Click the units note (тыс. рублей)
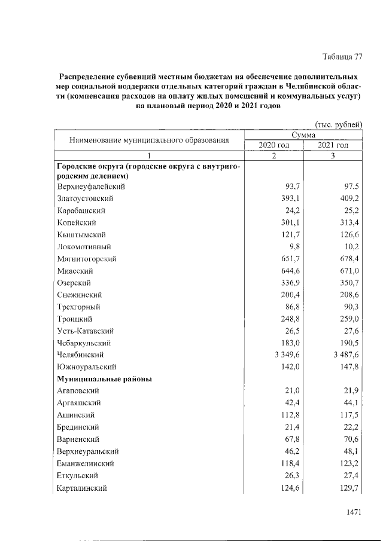pos(339,124)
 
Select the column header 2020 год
pos(274,145)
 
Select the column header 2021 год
pos(333,145)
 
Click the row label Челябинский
pos(80,354)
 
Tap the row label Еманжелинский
pos(86,463)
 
